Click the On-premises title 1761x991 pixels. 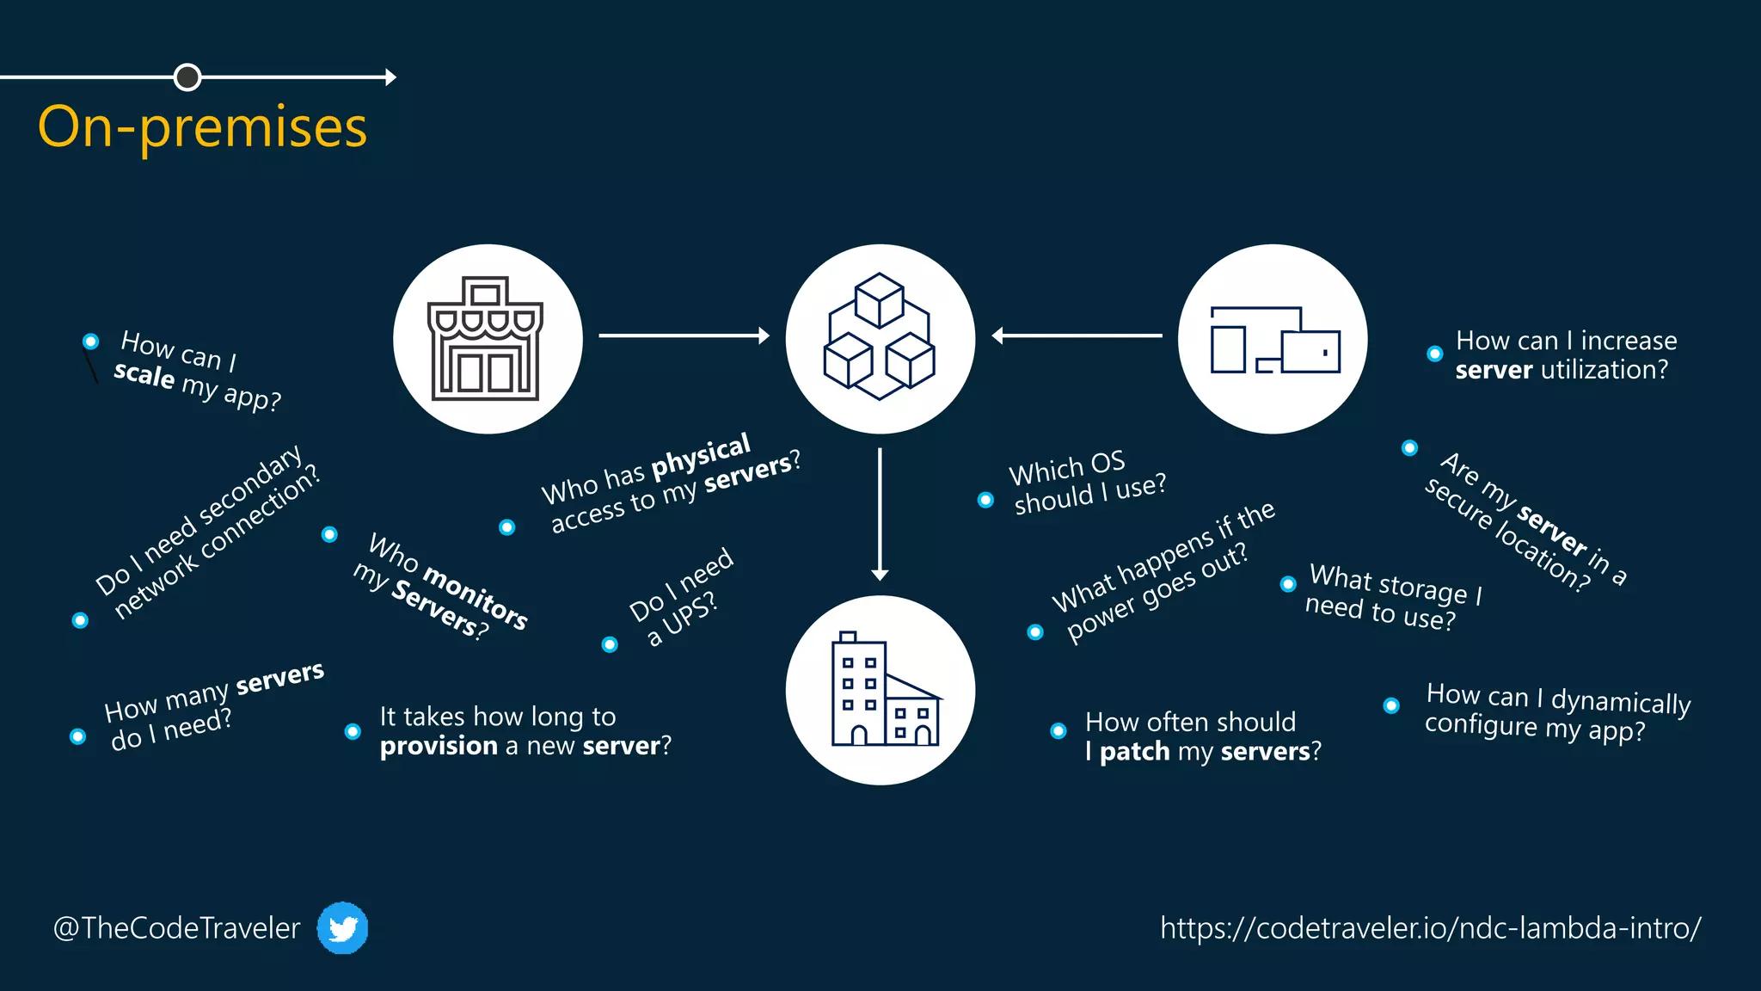click(203, 127)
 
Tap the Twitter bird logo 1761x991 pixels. click(342, 928)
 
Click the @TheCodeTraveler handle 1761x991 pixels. click(177, 928)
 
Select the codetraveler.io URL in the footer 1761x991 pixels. click(1430, 928)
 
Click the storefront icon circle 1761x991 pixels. click(488, 339)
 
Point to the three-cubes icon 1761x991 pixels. click(880, 337)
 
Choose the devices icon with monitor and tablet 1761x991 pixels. click(1273, 339)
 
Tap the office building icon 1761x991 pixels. click(880, 690)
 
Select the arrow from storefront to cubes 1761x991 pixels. click(684, 335)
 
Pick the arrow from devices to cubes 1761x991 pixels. click(1077, 335)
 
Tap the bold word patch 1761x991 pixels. click(1135, 752)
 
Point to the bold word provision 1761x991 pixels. click(439, 746)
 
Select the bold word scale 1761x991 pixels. click(144, 374)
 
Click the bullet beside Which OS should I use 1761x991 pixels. click(985, 500)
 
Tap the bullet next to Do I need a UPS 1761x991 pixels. click(610, 644)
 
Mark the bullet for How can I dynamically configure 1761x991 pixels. click(1391, 705)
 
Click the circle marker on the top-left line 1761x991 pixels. click(187, 77)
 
